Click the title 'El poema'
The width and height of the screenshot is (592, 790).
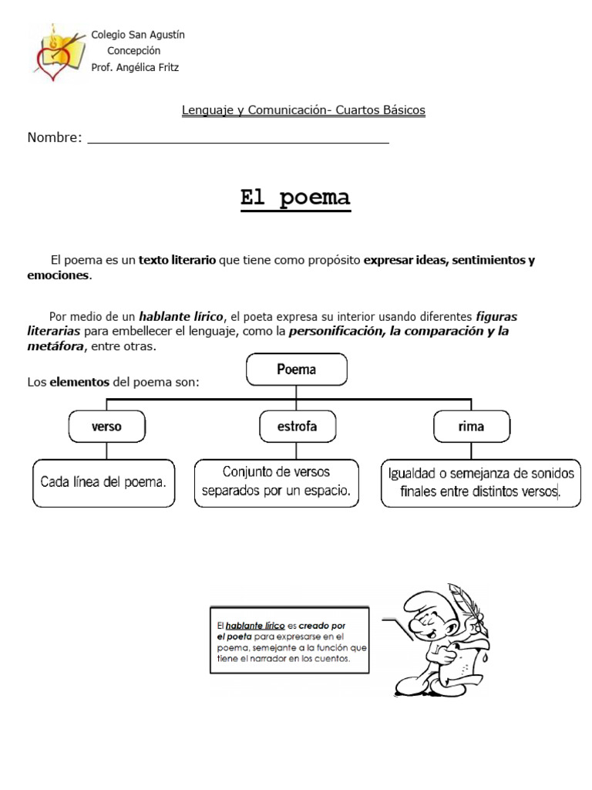tap(295, 198)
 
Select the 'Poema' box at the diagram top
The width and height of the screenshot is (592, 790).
tap(297, 370)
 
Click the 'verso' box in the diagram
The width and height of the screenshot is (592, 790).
tap(106, 426)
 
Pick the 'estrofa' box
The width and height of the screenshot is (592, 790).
tap(297, 426)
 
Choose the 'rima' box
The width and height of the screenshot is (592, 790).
tap(471, 426)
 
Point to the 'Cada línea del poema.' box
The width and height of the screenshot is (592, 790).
tap(103, 483)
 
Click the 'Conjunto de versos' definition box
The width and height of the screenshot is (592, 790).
tap(277, 481)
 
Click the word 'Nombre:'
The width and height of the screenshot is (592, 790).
tap(55, 138)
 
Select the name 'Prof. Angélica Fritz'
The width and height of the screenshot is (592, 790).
tap(135, 67)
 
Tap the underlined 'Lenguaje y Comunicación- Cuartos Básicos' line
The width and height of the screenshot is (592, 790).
tap(303, 110)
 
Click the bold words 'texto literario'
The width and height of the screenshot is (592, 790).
tap(177, 261)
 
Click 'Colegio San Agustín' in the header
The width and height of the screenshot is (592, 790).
tap(138, 35)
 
